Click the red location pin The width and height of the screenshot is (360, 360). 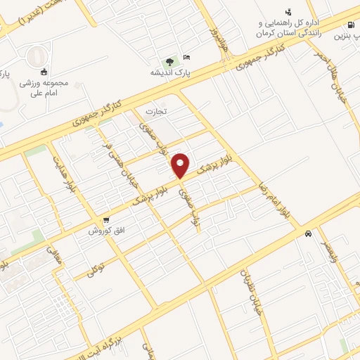point(181,165)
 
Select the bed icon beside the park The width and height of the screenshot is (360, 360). point(186,57)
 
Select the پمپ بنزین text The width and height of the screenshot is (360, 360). point(347,35)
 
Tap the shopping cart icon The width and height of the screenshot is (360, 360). point(105,219)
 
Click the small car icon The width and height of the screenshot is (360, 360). point(309,234)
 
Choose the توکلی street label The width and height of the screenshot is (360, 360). point(95,269)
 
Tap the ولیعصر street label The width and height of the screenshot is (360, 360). point(330,253)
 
